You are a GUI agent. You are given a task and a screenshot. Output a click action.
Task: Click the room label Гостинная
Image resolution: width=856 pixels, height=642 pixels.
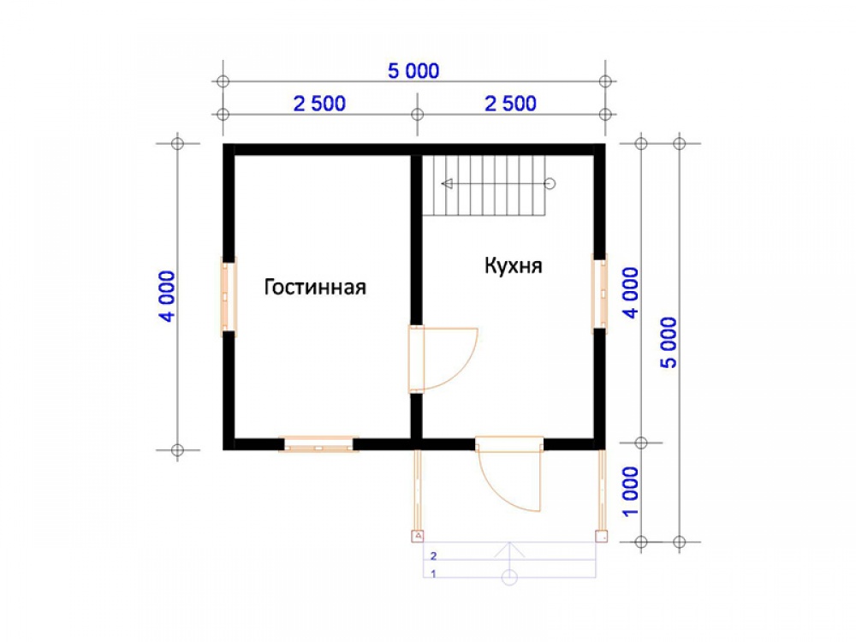(315, 287)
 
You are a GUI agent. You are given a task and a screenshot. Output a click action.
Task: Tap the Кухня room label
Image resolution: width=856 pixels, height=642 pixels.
(513, 266)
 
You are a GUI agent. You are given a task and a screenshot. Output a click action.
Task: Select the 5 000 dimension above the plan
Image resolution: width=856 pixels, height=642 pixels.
(413, 71)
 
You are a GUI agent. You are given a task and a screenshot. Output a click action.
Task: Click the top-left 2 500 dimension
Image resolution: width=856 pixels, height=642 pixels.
(319, 104)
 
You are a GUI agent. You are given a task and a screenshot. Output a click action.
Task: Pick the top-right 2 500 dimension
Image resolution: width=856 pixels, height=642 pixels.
(510, 104)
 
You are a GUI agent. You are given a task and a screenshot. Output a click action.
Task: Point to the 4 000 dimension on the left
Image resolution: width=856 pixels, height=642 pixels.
(168, 296)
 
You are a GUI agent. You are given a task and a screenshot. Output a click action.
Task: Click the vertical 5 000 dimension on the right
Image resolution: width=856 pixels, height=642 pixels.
(669, 342)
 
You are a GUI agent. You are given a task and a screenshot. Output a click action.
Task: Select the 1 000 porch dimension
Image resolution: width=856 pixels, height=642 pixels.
(630, 491)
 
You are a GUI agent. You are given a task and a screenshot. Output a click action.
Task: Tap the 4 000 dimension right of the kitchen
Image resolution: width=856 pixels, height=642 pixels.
(630, 293)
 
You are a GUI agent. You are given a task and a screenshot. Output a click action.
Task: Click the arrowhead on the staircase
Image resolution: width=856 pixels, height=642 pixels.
(447, 183)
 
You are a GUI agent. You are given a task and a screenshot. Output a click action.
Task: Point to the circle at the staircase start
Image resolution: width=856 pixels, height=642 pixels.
(550, 183)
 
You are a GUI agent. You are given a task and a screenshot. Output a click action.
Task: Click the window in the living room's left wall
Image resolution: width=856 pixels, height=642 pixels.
(229, 296)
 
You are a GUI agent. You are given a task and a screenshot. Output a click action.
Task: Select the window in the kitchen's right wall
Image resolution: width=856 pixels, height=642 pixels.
(600, 294)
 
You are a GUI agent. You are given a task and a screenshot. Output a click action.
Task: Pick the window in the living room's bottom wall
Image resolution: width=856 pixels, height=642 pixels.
(318, 443)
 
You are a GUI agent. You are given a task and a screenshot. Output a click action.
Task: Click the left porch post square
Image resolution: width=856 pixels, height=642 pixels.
(418, 536)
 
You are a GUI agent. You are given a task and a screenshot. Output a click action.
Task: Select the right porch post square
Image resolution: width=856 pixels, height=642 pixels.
(601, 536)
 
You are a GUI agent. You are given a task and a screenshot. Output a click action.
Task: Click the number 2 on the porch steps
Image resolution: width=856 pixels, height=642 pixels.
(433, 556)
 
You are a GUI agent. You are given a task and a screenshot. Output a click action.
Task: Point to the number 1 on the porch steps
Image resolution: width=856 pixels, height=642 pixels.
(433, 574)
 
